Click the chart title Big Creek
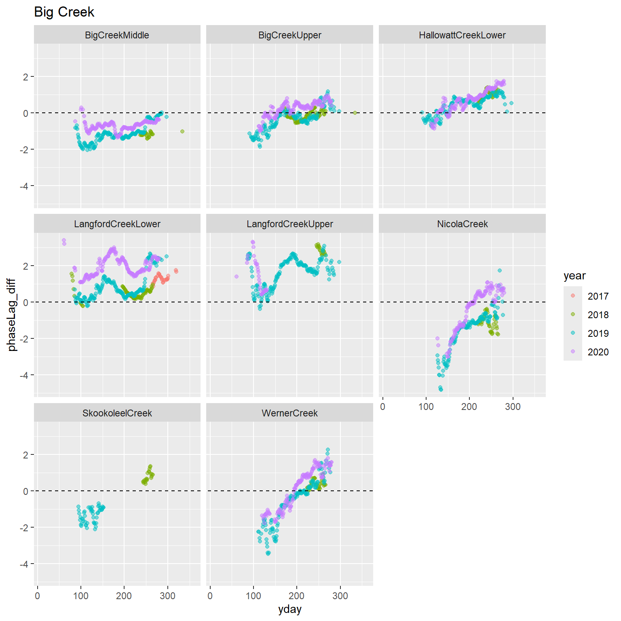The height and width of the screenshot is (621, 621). (x=64, y=12)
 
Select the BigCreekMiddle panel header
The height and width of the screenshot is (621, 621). (x=117, y=35)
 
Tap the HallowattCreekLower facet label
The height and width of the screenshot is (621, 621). (x=462, y=35)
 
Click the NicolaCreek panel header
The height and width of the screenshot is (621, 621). (x=462, y=224)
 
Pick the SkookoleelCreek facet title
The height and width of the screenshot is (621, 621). (x=117, y=413)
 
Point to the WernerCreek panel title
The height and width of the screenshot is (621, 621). (x=289, y=413)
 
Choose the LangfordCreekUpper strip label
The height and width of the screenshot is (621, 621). (x=289, y=224)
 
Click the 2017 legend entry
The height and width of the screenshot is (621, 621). (x=573, y=296)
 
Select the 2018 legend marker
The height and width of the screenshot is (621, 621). (x=573, y=315)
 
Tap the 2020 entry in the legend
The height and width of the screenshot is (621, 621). (x=573, y=352)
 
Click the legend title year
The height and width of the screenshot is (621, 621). (x=574, y=276)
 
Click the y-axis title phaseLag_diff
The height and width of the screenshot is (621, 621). (x=12, y=315)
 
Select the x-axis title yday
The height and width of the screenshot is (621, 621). (x=289, y=609)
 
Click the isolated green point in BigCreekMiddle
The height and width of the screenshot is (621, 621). (x=182, y=131)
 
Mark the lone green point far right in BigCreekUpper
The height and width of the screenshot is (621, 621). (x=355, y=113)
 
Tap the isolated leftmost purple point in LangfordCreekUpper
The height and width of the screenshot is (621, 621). (x=237, y=277)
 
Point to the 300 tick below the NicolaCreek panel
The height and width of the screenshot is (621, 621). (x=513, y=407)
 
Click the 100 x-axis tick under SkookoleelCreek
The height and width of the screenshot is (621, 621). (x=81, y=596)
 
